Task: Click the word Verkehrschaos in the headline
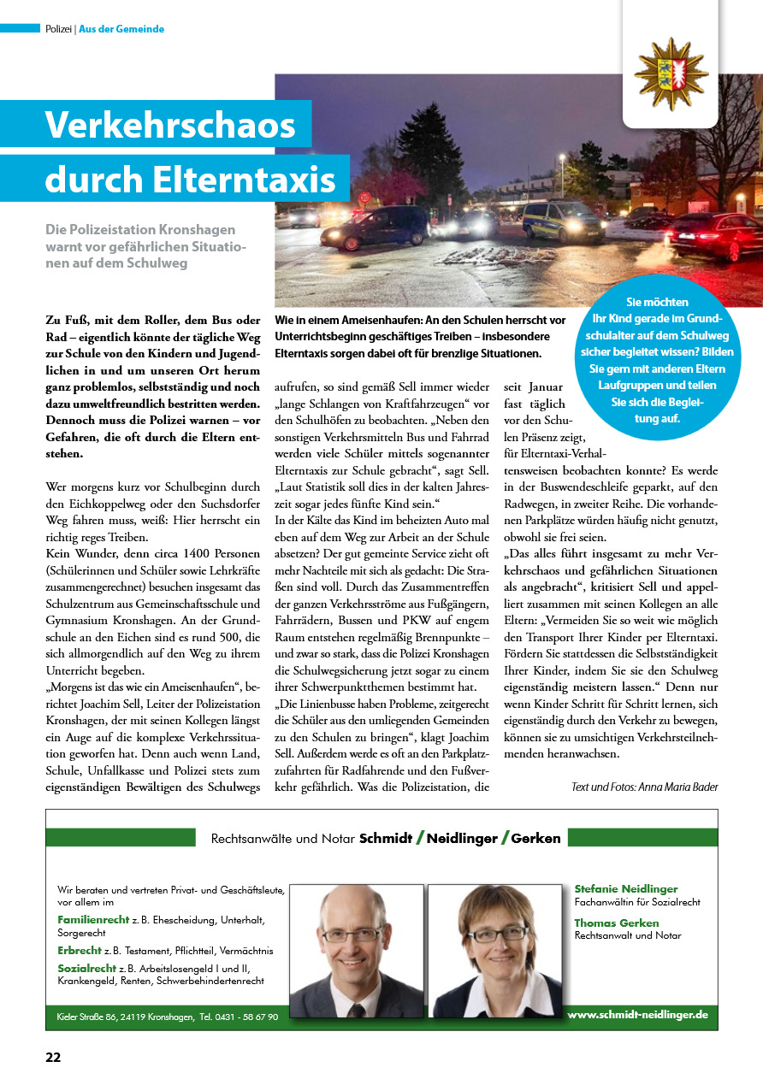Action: point(170,125)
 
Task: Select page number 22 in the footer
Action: point(53,1057)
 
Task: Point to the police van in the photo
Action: point(562,221)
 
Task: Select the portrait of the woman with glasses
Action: point(495,949)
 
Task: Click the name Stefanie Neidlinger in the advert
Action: point(626,889)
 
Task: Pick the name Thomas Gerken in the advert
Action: point(617,923)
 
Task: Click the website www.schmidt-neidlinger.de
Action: point(637,1014)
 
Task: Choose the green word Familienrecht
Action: point(93,919)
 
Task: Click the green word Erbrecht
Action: point(80,950)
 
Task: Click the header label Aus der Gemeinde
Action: point(121,29)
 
